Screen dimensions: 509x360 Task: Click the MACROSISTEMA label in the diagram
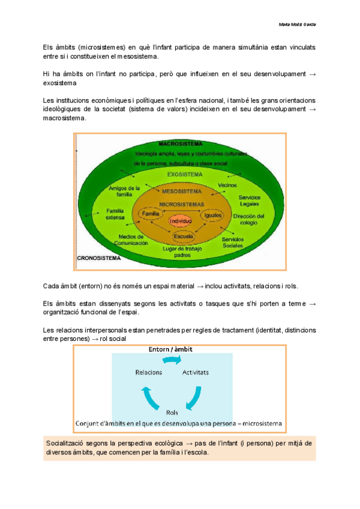tap(179, 144)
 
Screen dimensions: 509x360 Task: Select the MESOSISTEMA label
tap(181, 192)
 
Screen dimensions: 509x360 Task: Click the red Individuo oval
tap(181, 221)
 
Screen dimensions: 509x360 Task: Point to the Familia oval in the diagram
tap(151, 214)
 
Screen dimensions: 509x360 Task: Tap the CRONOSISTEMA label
tap(99, 258)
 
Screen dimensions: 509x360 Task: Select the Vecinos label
tap(228, 185)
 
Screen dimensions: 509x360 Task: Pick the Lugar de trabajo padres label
tap(182, 251)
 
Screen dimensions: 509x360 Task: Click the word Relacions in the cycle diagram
tap(149, 372)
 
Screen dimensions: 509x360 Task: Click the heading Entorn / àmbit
tap(171, 349)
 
